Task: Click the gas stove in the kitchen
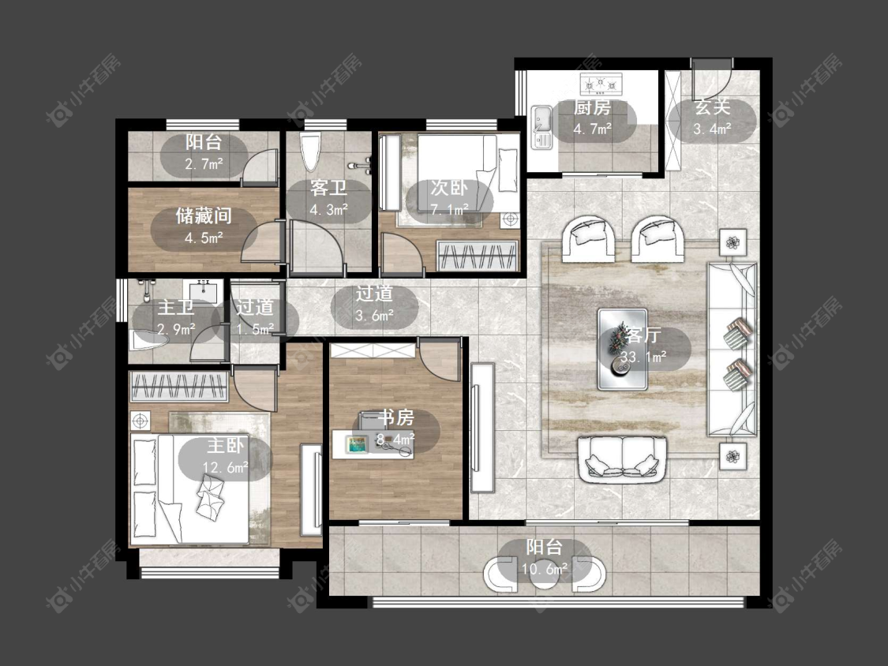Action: (601, 84)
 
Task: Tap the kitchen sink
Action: (541, 127)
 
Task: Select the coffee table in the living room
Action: (623, 350)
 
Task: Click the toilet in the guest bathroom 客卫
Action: (311, 152)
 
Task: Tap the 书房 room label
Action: (396, 417)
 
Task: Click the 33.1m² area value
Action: (643, 357)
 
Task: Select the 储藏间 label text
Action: (204, 215)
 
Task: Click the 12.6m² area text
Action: (226, 467)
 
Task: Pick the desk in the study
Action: (373, 445)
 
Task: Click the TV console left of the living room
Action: (482, 427)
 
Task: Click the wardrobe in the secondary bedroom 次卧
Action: (478, 256)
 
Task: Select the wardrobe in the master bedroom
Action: (179, 386)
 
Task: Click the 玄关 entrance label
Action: (713, 107)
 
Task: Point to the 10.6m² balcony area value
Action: (545, 569)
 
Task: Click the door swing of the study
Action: (439, 360)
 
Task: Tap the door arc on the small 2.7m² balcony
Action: (260, 166)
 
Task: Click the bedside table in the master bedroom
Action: (141, 421)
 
